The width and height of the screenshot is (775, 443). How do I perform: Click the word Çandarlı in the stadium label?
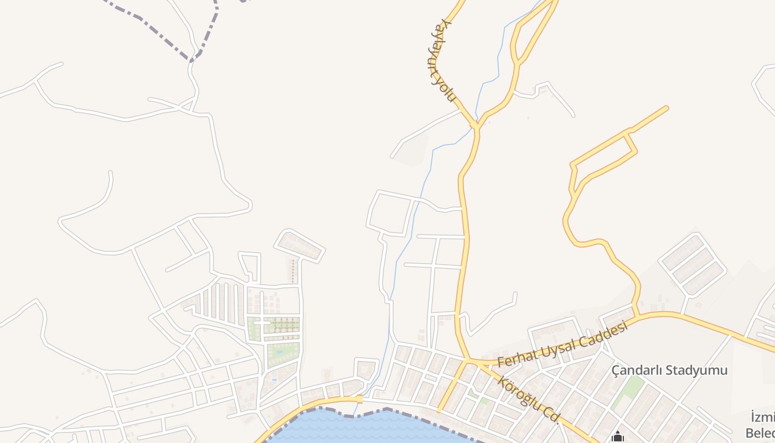(x=637, y=370)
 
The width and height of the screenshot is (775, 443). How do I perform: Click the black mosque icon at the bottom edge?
(x=618, y=437)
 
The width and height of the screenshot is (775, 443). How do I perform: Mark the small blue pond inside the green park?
(x=280, y=351)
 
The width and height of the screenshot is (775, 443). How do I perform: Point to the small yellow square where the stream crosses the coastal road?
(x=360, y=399)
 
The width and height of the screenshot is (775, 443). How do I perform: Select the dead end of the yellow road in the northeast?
(x=666, y=108)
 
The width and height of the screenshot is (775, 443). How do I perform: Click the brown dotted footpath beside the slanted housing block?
(x=293, y=271)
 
